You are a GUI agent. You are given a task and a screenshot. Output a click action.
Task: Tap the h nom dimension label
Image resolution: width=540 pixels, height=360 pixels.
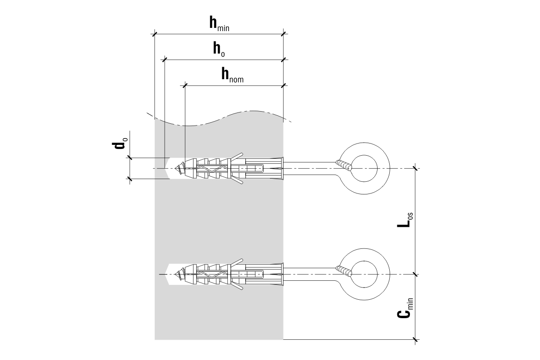click(232, 75)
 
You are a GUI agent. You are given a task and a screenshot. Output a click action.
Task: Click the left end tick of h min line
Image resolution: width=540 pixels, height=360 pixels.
click(154, 33)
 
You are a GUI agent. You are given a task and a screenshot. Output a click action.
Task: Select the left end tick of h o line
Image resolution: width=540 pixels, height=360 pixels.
click(164, 59)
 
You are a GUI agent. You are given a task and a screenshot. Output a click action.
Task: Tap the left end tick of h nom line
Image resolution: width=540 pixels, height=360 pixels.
click(185, 85)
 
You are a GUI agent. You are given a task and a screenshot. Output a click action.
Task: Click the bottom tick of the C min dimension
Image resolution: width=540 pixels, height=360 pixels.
click(415, 339)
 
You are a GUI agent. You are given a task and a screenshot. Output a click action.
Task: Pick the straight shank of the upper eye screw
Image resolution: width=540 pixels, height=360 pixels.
click(310, 168)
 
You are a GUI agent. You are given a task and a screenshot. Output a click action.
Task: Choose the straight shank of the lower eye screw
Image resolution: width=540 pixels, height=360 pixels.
click(310, 274)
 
